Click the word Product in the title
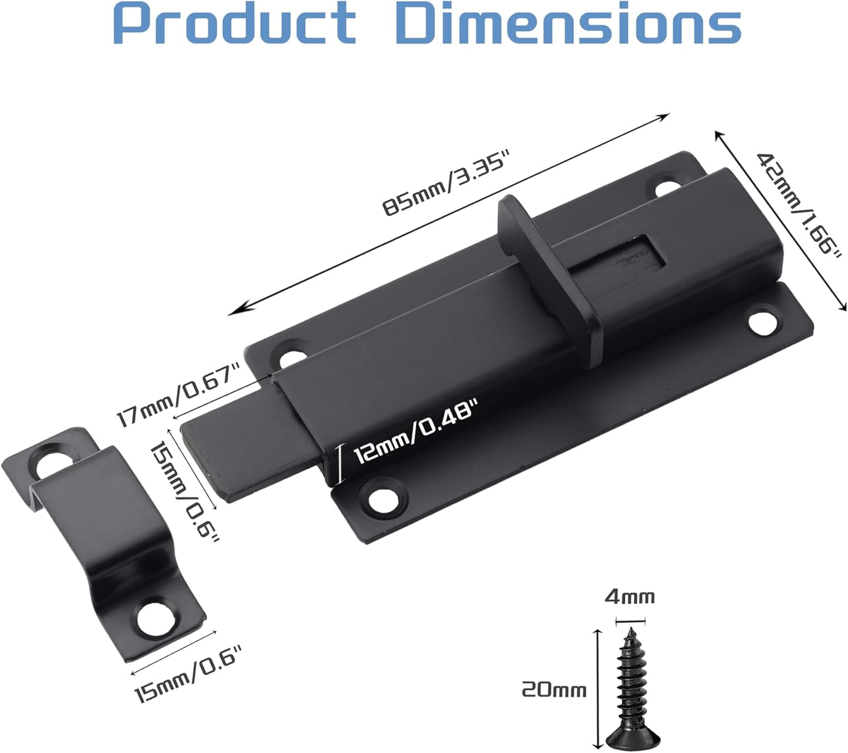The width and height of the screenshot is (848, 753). click(234, 23)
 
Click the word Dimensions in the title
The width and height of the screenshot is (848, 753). click(569, 23)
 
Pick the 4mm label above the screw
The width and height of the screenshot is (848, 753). click(630, 596)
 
